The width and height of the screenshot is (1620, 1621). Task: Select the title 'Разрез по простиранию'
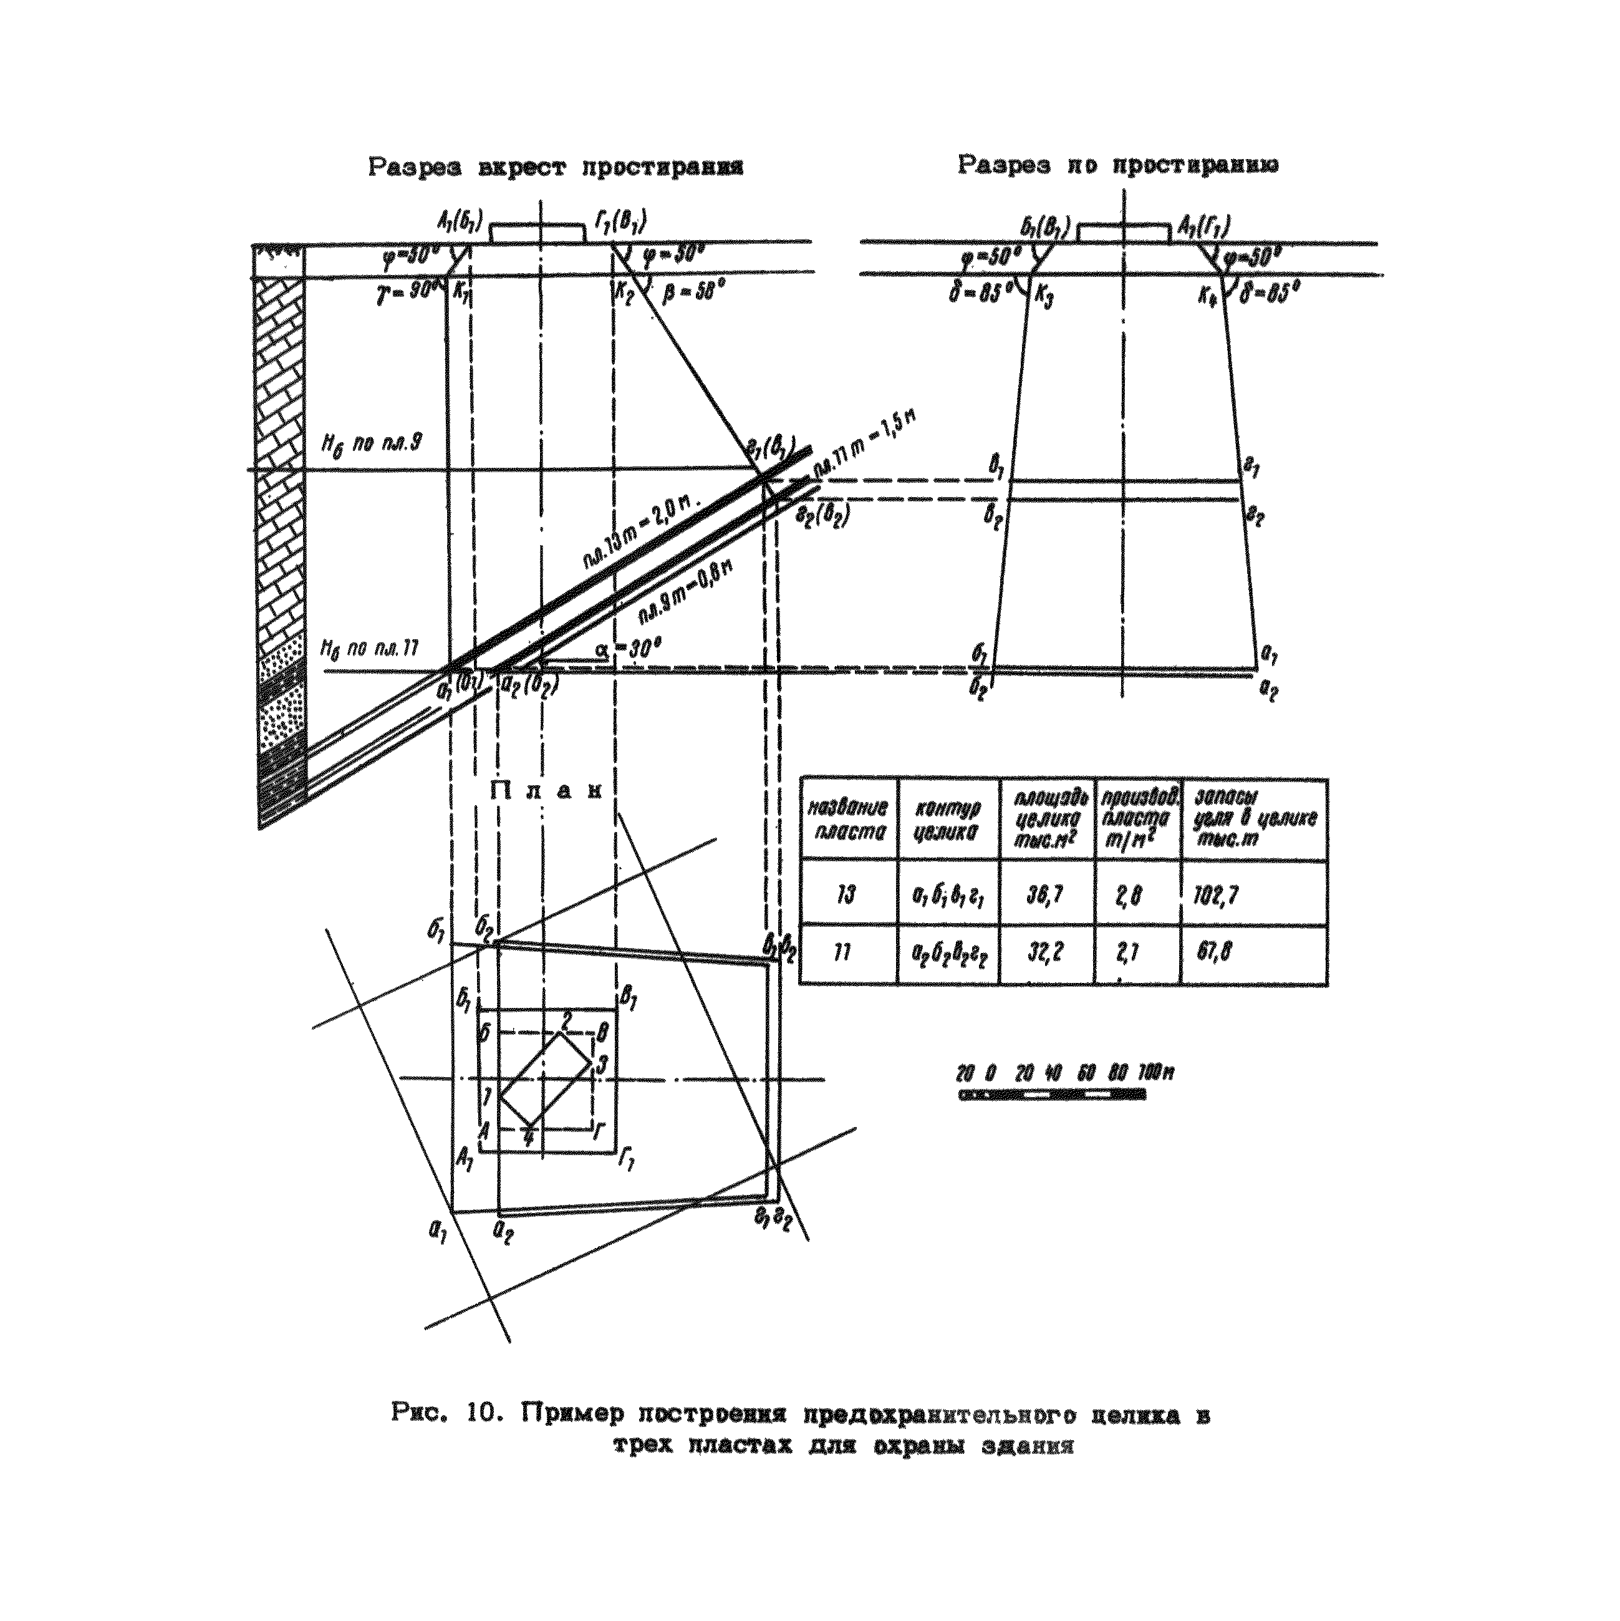coord(1118,165)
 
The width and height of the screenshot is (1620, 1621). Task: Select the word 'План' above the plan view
coord(546,791)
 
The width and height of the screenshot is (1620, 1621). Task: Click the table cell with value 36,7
coord(1046,896)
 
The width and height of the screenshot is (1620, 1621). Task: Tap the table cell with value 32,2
coord(1046,954)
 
